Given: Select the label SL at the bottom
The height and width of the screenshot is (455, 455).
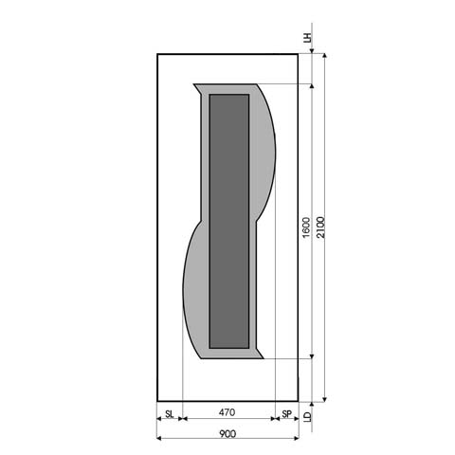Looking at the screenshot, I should [169, 413].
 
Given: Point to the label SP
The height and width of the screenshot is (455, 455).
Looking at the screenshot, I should [286, 413].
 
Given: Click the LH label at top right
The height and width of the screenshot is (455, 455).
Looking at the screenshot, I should [306, 39].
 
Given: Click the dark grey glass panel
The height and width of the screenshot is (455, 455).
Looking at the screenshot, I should [228, 218].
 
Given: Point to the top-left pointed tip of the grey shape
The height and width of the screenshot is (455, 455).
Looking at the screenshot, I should [194, 85].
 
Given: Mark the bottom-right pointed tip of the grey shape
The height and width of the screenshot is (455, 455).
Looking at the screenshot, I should [266, 358].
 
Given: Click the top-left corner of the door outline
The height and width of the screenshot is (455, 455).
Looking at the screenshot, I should [156, 53].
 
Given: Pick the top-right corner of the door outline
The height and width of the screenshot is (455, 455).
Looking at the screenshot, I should [299, 53].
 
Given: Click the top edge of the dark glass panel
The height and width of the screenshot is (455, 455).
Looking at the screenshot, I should [228, 95].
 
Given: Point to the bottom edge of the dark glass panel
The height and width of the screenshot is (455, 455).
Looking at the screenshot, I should [228, 345].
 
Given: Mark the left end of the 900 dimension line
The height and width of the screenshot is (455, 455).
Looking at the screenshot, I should [156, 439].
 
